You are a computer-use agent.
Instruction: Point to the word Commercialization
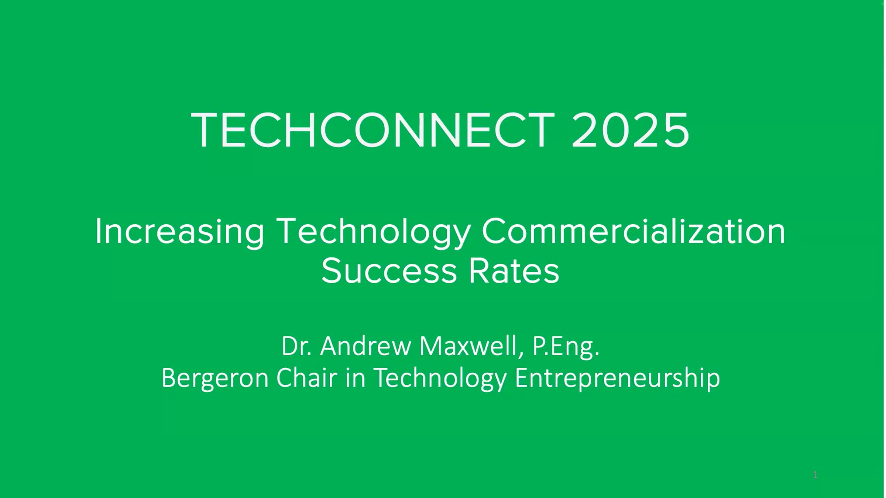(633, 232)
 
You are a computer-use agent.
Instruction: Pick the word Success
(389, 272)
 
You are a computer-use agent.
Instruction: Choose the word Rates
(514, 272)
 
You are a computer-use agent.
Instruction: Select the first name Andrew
(365, 347)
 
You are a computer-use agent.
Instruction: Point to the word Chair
(307, 378)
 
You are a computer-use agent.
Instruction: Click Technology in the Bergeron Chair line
(440, 378)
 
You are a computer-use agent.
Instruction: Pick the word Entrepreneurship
(617, 378)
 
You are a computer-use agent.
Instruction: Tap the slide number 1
(815, 475)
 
